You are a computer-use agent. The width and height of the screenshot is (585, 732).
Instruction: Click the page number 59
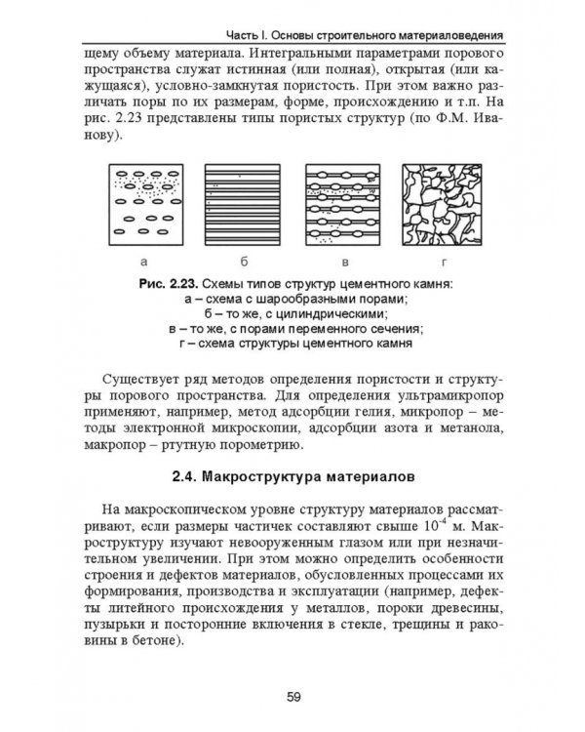(x=292, y=695)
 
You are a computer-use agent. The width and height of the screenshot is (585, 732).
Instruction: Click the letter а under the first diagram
(x=143, y=263)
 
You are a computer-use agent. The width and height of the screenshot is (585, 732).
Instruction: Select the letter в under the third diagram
(x=343, y=263)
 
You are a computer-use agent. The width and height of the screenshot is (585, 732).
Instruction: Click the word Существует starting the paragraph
(x=151, y=377)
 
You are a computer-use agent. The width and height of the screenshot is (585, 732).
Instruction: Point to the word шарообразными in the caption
(x=315, y=299)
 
